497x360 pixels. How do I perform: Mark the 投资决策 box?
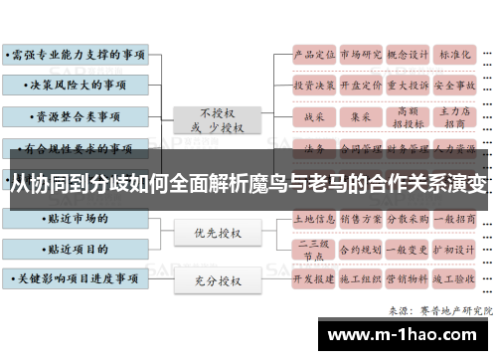(312, 86)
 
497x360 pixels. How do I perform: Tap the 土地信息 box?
(312, 216)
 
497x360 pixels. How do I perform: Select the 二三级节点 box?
(312, 249)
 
